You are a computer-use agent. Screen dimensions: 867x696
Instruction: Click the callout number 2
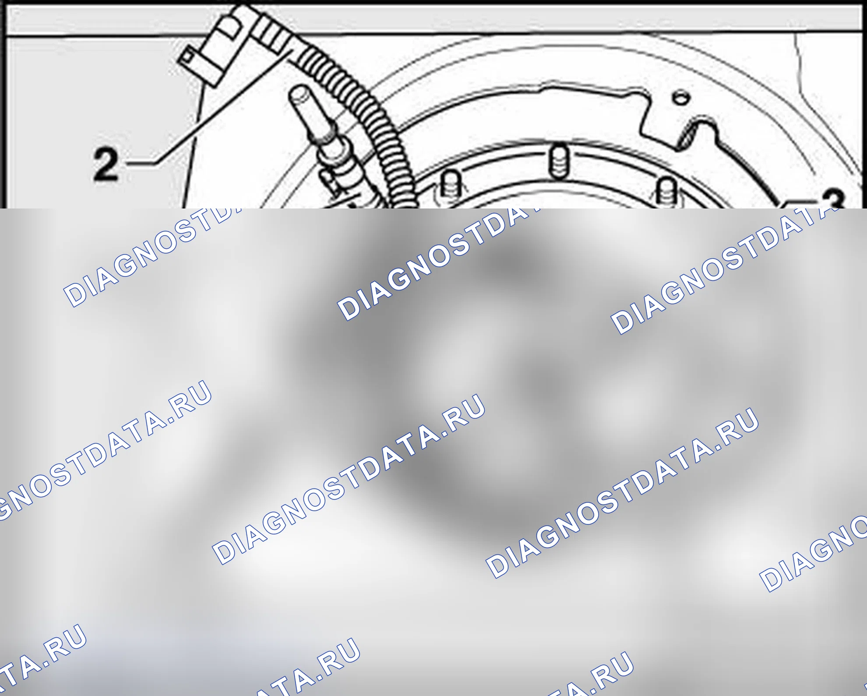(x=106, y=164)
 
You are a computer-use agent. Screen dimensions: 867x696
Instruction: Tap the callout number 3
(x=833, y=199)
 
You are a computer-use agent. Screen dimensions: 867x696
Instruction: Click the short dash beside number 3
(x=799, y=202)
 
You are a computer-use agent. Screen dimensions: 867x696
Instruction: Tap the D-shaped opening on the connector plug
(x=229, y=28)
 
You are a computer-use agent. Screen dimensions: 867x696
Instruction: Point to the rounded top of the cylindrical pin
(x=299, y=93)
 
